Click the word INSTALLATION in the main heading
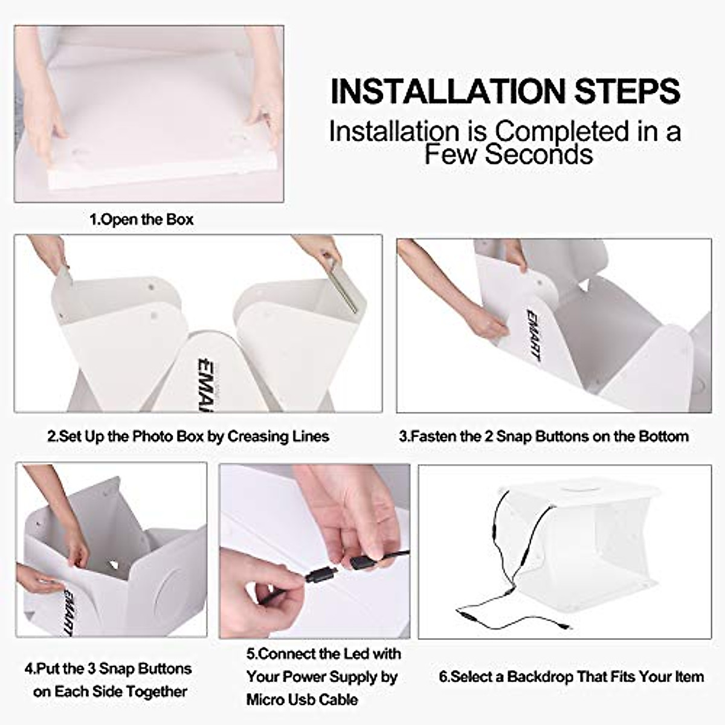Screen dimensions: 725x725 pyautogui.click(x=448, y=92)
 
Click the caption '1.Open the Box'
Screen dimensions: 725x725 pyautogui.click(x=141, y=219)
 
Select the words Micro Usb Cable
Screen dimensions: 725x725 pyautogui.click(x=301, y=700)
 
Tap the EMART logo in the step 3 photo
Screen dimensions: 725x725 pyautogui.click(x=533, y=335)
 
